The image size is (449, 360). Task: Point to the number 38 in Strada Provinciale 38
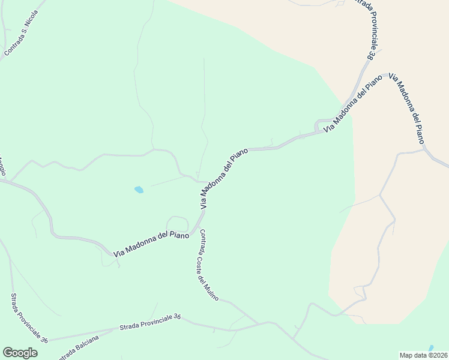pos(371,55)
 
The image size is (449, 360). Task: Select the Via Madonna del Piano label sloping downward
pos(407,108)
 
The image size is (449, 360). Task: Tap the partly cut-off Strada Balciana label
pos(80,352)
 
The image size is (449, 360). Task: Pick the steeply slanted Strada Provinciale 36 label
pos(28,319)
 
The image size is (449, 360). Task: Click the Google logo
pos(20,353)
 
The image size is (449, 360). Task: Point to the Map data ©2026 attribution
pos(423,355)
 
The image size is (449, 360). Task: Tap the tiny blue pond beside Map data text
pos(431,348)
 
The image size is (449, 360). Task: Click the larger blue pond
pos(139,190)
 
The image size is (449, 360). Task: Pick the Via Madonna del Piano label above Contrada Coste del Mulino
pos(224,179)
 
